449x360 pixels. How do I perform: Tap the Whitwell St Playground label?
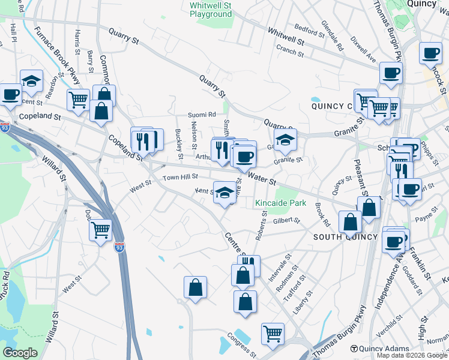click(x=211, y=9)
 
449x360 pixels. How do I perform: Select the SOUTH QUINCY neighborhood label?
click(x=346, y=237)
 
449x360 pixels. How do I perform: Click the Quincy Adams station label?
click(x=384, y=349)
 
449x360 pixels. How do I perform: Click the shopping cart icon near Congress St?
click(x=273, y=333)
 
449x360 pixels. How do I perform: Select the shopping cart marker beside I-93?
click(x=100, y=229)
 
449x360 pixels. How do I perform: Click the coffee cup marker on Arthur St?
click(x=244, y=157)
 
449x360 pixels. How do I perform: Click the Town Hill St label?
click(x=180, y=178)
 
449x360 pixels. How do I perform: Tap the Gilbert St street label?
click(x=286, y=220)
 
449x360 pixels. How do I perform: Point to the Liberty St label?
click(x=303, y=303)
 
